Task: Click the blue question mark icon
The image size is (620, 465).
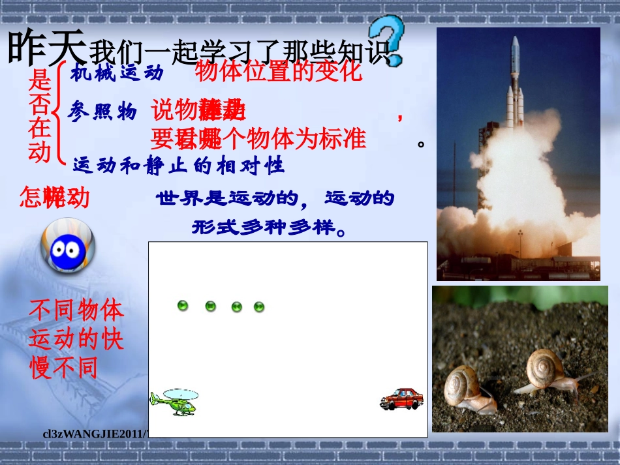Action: point(387,37)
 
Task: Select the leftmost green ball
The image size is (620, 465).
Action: point(183,305)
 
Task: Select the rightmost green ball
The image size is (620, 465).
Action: point(259,307)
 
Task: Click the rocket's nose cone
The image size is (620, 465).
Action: point(515,44)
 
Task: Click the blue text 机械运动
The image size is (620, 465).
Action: point(117,73)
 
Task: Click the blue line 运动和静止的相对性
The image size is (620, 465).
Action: point(179,166)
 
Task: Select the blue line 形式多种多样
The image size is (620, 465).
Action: point(277,228)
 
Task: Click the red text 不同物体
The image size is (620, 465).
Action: point(76,310)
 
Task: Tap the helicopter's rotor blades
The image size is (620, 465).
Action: point(180,393)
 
